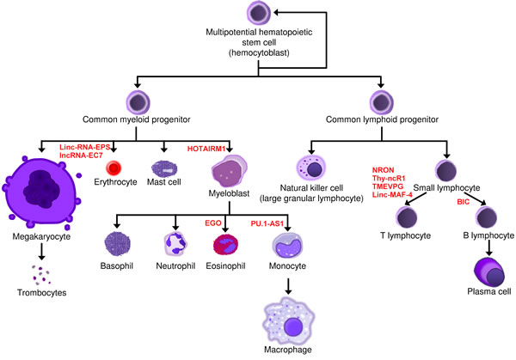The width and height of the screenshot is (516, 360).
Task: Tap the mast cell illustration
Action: tap(163, 168)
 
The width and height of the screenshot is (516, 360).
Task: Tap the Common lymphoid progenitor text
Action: tap(384, 119)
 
